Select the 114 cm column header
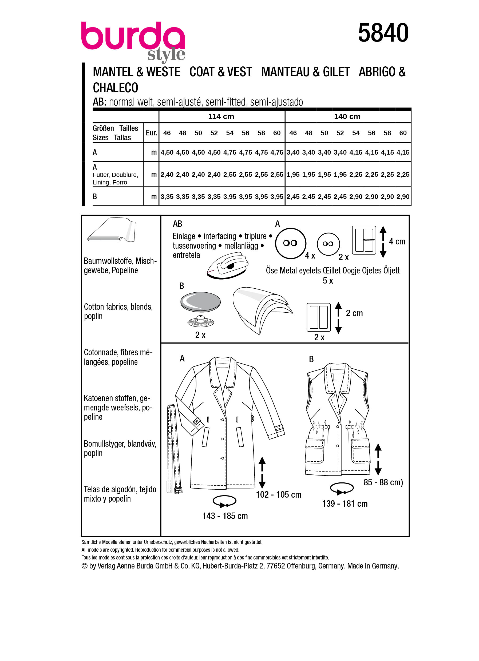click(221, 116)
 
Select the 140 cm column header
click(347, 116)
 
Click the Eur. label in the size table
click(151, 133)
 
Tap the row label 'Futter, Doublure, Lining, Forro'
click(115, 178)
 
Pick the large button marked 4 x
click(290, 243)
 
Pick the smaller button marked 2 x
click(328, 244)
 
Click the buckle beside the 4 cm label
click(364, 240)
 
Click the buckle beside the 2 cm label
click(319, 317)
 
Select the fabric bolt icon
click(112, 230)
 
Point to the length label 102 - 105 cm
click(279, 495)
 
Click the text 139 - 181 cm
click(345, 504)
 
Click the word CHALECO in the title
click(115, 88)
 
